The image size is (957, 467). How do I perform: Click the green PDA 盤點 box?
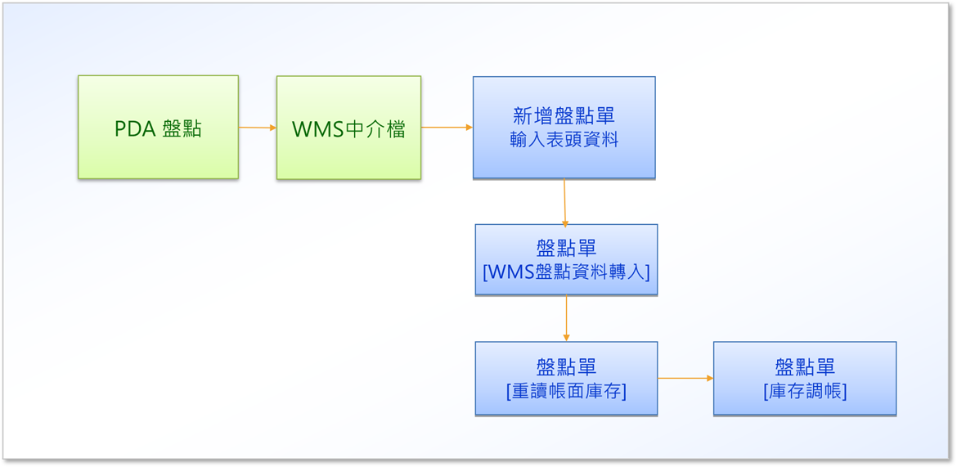point(158,127)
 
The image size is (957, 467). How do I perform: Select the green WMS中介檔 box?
point(348,128)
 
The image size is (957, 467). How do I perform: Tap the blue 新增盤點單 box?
point(564,127)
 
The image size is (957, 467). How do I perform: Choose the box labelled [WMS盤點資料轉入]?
point(566,259)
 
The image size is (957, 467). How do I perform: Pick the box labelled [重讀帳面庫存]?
point(566,379)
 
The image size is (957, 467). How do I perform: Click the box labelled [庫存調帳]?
point(804,379)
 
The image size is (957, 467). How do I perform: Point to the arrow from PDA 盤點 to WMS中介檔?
point(258,128)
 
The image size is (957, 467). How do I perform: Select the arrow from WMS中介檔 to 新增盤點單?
point(447,128)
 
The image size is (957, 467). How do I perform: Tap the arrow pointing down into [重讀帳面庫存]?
point(566,318)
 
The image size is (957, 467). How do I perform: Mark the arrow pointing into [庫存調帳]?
point(685,379)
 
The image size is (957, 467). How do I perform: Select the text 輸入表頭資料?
point(564,141)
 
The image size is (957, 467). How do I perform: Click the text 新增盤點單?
point(564,117)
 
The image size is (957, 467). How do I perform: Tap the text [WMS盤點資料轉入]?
point(566,271)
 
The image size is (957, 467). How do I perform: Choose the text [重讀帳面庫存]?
point(566,392)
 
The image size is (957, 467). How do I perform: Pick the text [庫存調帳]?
point(805,392)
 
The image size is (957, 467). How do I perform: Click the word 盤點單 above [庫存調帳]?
point(805,367)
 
